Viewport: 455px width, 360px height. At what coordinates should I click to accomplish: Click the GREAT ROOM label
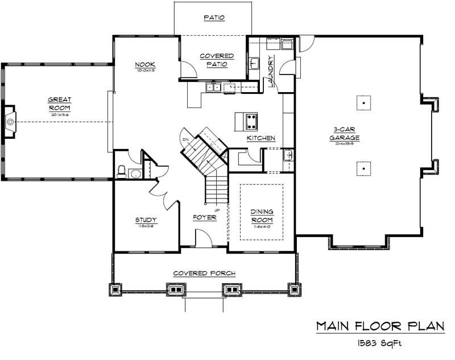[59, 104]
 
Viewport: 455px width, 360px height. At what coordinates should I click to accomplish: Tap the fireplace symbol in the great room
[10, 121]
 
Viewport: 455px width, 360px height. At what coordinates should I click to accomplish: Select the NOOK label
[146, 64]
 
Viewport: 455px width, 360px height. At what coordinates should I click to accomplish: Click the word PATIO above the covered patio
[214, 18]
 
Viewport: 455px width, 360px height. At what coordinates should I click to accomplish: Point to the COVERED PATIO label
[216, 60]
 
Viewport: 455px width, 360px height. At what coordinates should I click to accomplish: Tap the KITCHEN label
[261, 138]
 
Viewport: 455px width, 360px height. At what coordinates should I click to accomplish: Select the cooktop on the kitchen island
[250, 120]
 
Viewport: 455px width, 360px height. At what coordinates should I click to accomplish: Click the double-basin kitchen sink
[214, 87]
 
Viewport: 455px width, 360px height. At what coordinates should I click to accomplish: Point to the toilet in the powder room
[121, 171]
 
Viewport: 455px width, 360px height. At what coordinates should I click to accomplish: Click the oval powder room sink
[135, 174]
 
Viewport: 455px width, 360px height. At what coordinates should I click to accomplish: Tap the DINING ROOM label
[262, 217]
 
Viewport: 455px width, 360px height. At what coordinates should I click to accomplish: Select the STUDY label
[146, 220]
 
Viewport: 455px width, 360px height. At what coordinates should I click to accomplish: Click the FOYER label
[205, 217]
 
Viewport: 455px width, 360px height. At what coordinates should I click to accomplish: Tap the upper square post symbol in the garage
[361, 103]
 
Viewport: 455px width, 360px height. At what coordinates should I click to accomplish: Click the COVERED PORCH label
[204, 274]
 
